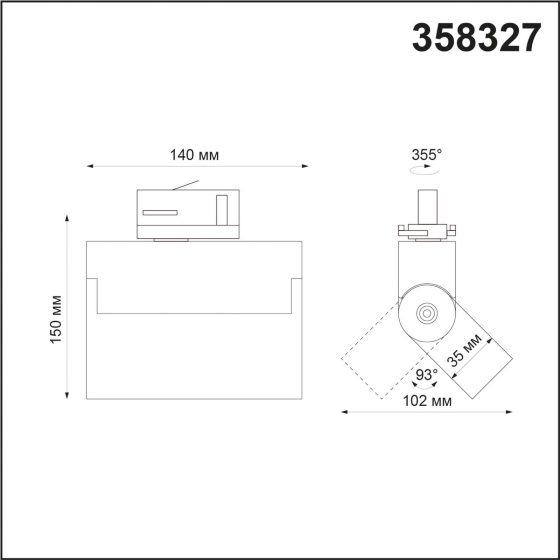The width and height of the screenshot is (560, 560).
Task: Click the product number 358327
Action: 476,38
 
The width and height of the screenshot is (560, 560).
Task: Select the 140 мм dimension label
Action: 194,155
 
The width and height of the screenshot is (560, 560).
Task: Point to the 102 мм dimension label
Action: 427,401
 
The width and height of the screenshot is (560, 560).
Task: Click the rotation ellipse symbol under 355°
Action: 424,171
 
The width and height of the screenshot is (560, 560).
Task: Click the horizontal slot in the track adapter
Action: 160,213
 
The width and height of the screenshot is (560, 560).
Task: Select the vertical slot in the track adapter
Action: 221,211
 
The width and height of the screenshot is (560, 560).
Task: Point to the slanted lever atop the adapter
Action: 186,185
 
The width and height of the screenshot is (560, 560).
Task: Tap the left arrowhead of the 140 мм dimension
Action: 90,166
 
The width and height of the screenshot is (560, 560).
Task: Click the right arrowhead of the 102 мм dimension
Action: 510,412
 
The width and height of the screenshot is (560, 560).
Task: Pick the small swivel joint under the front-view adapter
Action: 171,240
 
